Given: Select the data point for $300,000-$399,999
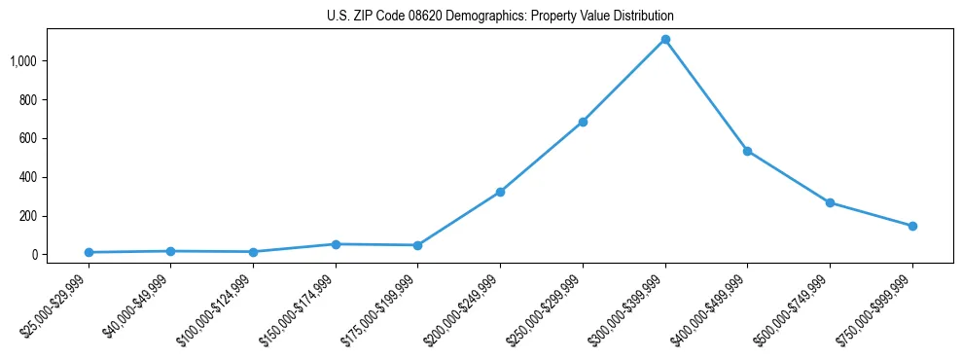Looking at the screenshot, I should pos(665,40).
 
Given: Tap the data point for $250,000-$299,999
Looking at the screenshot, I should pos(583,122).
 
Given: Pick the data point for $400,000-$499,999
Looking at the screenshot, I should pos(747,151).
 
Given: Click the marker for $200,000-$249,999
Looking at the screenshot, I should pos(500,192).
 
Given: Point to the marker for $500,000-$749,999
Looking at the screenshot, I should pos(830,202).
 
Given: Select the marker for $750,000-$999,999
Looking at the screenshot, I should pos(912,226).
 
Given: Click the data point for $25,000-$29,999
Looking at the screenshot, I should pos(89,252).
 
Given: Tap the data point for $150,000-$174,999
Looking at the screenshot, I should pos(336,244).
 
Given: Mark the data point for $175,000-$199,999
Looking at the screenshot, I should pos(417,245).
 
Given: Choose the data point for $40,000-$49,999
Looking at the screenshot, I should pos(170,251).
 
